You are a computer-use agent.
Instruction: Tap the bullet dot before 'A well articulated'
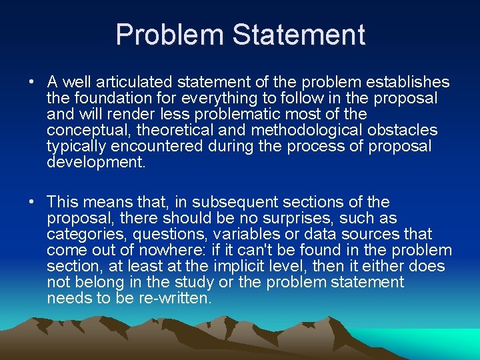tap(31, 83)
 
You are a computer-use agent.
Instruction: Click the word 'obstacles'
tap(404, 130)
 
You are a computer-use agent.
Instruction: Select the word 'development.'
tap(95, 162)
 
